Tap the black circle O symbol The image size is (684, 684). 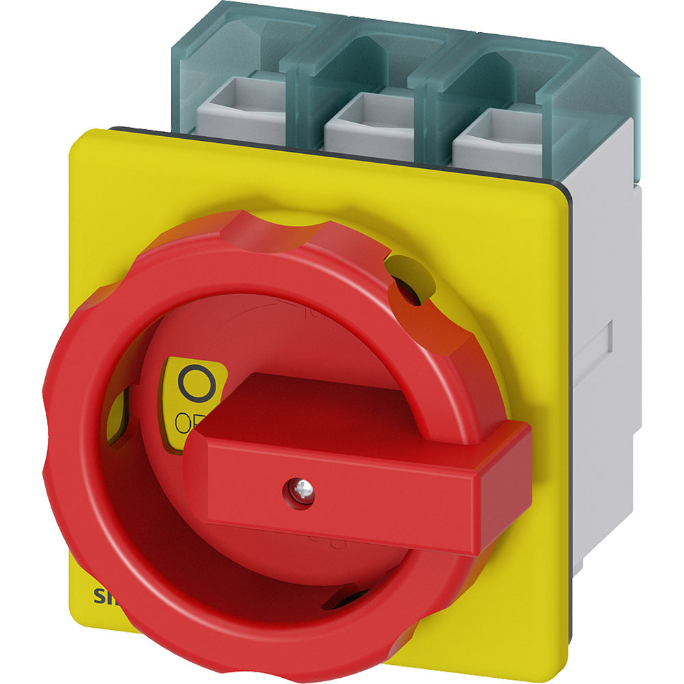tap(196, 383)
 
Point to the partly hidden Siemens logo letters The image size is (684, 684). tap(103, 593)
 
